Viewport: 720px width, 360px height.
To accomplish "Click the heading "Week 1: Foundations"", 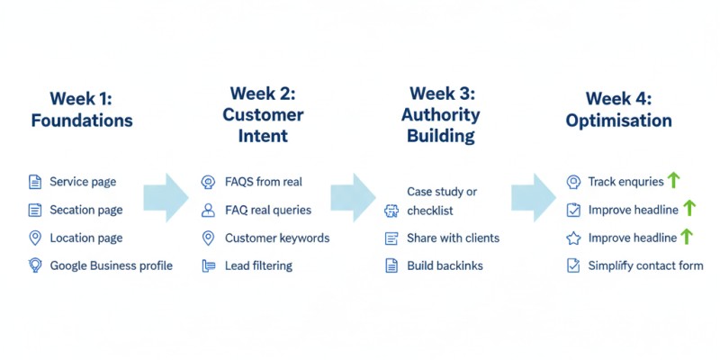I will tap(81, 109).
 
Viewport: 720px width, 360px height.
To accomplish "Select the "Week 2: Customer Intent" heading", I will tap(263, 114).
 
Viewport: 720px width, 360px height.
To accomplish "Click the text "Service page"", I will tap(83, 182).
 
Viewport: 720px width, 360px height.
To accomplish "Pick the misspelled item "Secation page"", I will tap(85, 210).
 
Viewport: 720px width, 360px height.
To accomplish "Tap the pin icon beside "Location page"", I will tap(35, 238).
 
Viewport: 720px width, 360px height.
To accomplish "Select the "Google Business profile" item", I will tap(111, 265).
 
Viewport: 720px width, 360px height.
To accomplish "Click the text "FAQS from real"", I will tap(263, 182).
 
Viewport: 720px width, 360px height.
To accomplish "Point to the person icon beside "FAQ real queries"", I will tap(208, 210).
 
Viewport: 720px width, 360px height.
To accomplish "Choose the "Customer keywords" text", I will tap(277, 238).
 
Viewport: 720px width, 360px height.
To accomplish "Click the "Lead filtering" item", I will tap(258, 265).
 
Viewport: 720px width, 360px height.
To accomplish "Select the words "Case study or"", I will tap(442, 192).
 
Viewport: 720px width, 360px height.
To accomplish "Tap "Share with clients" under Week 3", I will tap(453, 238).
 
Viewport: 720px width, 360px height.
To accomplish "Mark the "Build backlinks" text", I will tap(445, 265).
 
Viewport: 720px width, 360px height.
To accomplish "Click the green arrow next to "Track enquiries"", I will tap(673, 181).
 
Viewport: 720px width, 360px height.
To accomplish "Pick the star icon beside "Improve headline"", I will tap(573, 238).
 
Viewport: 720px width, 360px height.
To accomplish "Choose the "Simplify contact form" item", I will tap(645, 265).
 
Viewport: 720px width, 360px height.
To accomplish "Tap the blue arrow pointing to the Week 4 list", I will tap(533, 197).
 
